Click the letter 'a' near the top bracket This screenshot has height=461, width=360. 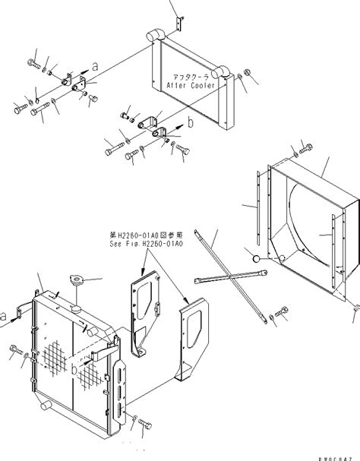coord(95,67)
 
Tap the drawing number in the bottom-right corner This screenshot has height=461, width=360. coord(337,456)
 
